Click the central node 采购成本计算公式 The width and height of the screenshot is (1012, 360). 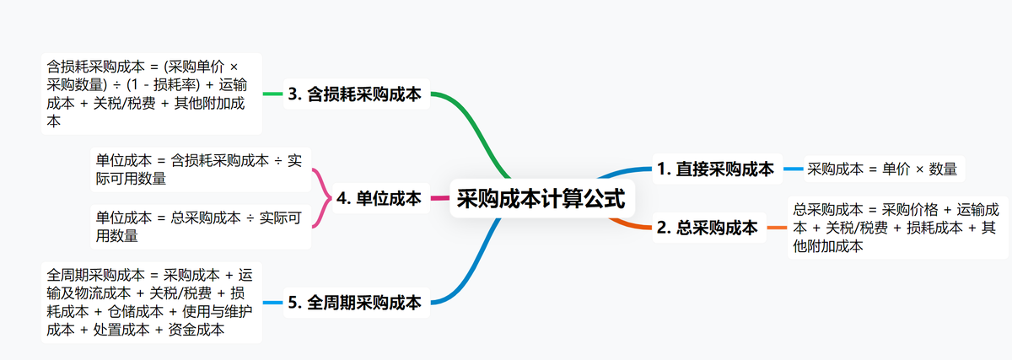click(541, 199)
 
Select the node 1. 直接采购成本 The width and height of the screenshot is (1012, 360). click(715, 169)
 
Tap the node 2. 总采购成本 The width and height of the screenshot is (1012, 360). click(708, 228)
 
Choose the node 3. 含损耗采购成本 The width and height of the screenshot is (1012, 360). click(354, 94)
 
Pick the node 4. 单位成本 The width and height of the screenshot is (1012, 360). click(378, 199)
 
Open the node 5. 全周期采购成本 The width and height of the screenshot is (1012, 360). click(354, 303)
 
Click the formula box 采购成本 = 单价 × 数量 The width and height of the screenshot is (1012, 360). click(882, 169)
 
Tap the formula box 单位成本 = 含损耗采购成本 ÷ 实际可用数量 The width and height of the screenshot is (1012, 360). click(199, 169)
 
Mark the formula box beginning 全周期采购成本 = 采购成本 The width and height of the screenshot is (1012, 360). click(151, 303)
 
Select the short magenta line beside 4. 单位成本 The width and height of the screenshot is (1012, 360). click(439, 199)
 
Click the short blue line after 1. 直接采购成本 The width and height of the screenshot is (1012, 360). click(792, 169)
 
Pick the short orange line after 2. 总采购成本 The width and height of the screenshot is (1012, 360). click(777, 228)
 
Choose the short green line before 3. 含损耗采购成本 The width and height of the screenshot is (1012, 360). click(272, 94)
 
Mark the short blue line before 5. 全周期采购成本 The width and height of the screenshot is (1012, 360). click(272, 303)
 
